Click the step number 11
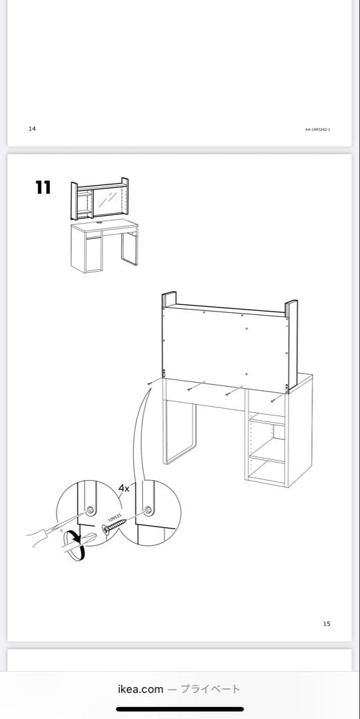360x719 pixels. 43,188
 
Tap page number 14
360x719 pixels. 32,128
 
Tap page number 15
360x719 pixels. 326,624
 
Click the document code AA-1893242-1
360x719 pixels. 317,129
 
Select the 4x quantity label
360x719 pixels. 124,488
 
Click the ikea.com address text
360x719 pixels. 140,689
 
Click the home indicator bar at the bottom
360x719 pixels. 180,709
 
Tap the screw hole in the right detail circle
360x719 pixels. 148,510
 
